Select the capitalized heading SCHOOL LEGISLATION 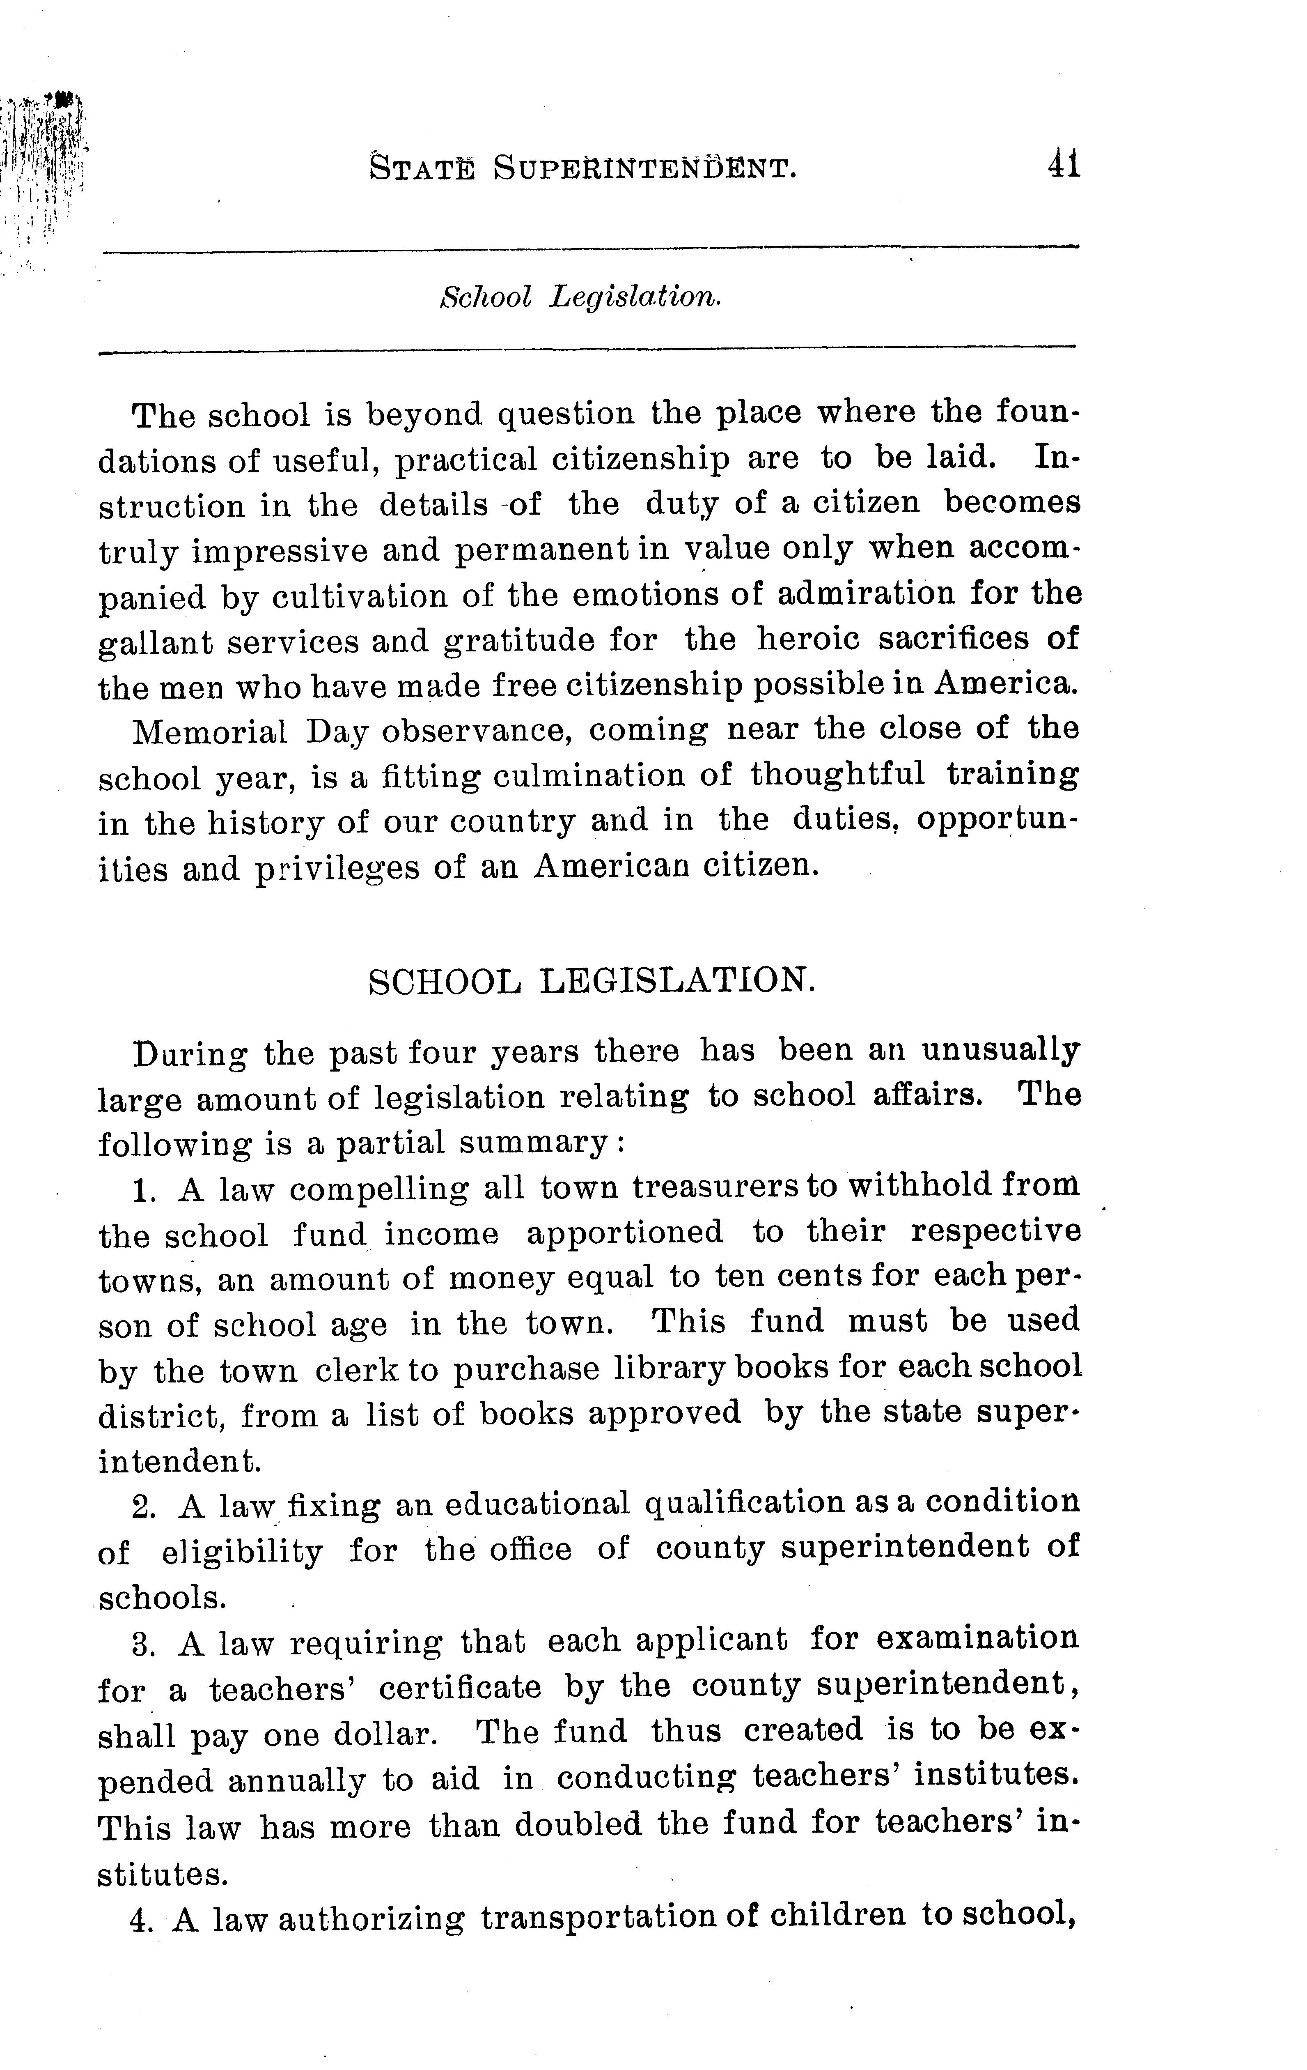591,981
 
